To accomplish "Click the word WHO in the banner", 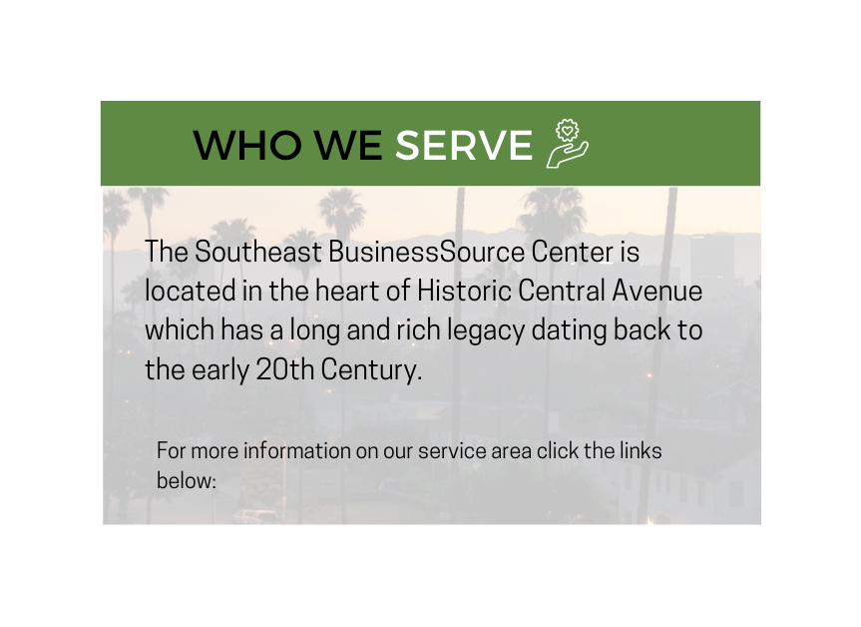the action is pyautogui.click(x=247, y=145).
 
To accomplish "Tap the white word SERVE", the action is pyautogui.click(x=464, y=145).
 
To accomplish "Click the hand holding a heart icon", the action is pyautogui.click(x=568, y=144).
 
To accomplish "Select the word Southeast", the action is pyautogui.click(x=258, y=252).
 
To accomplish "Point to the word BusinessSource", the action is pyautogui.click(x=427, y=252).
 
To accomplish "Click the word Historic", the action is pyautogui.click(x=464, y=291).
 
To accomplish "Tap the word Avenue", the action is pyautogui.click(x=656, y=291).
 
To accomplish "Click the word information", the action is pyautogui.click(x=297, y=450).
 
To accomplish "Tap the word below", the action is pyautogui.click(x=187, y=480).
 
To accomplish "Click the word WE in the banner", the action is pyautogui.click(x=348, y=145).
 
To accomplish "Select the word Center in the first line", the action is pyautogui.click(x=572, y=252).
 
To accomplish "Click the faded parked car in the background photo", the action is pyautogui.click(x=255, y=516).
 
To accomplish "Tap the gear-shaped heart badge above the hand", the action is pyautogui.click(x=568, y=131).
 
